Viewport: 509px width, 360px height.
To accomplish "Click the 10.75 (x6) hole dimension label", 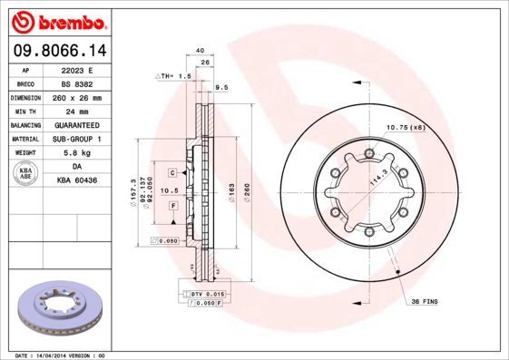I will click(x=406, y=127).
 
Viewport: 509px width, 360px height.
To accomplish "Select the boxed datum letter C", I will click(x=172, y=171).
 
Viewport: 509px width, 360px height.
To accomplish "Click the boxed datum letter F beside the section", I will click(x=172, y=207).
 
